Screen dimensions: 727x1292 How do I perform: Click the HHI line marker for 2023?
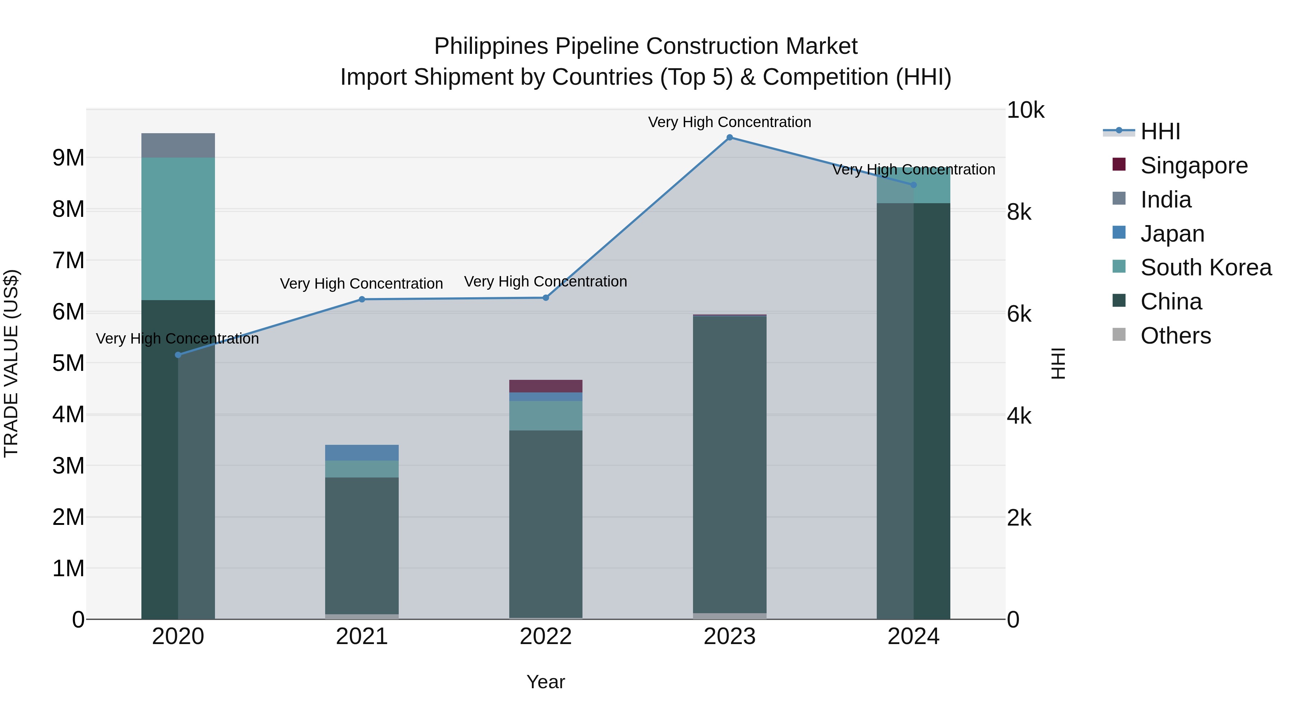pos(729,138)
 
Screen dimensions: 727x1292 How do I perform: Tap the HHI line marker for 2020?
pos(178,355)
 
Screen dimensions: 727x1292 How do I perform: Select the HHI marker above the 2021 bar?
pos(362,299)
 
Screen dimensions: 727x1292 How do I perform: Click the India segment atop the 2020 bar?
pos(178,145)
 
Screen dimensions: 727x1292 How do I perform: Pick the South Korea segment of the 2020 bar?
pos(178,229)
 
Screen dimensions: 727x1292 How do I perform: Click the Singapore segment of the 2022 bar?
pos(546,386)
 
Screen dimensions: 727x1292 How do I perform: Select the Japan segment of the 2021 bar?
pos(362,453)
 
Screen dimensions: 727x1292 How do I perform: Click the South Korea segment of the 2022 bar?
pos(546,415)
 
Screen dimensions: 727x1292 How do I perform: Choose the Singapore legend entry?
pos(1194,166)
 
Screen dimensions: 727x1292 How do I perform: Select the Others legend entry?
pos(1175,336)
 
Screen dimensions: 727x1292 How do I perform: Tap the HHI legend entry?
pos(1160,131)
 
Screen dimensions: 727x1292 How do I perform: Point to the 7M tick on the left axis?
pos(68,260)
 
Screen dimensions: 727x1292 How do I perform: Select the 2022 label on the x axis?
pos(546,637)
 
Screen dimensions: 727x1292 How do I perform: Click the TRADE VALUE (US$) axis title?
pos(11,363)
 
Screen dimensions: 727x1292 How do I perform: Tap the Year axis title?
pos(546,682)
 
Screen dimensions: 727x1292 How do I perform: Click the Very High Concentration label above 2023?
pos(729,122)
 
